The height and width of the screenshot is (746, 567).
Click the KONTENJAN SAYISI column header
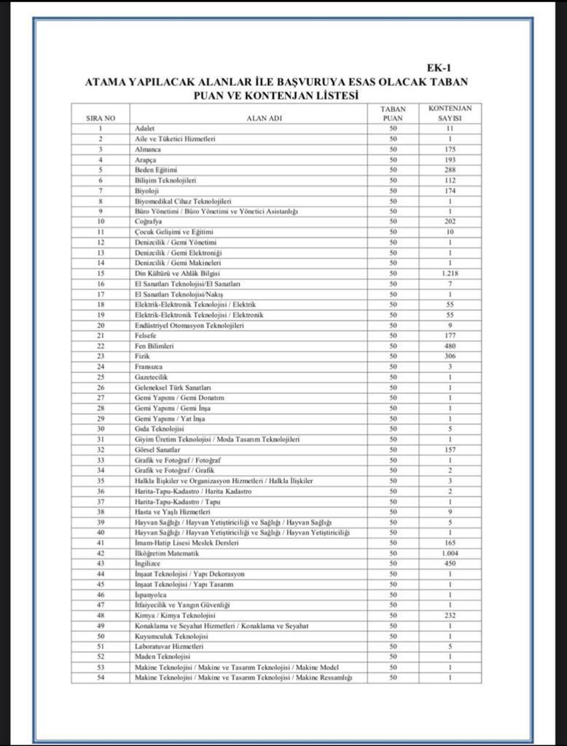pyautogui.click(x=450, y=113)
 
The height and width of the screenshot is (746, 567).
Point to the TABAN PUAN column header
pyautogui.click(x=393, y=113)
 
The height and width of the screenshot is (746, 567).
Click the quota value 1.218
pyautogui.click(x=450, y=273)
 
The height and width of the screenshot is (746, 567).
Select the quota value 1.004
pyautogui.click(x=450, y=553)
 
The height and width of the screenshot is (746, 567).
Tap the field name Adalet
pyautogui.click(x=145, y=128)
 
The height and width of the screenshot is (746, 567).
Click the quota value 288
pyautogui.click(x=450, y=170)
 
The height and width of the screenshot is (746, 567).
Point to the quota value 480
pyautogui.click(x=450, y=346)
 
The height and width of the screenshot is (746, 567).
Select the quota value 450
pyautogui.click(x=450, y=563)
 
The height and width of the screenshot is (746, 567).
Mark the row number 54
pyautogui.click(x=101, y=678)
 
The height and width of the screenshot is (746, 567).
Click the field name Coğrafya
pyautogui.click(x=148, y=221)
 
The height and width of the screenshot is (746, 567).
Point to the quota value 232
pyautogui.click(x=450, y=616)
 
